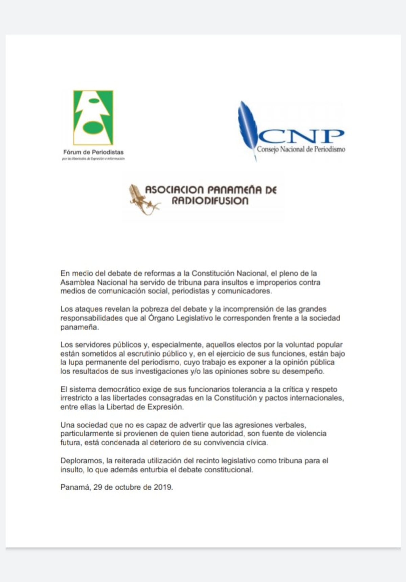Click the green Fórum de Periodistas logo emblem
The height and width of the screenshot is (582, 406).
coord(93,117)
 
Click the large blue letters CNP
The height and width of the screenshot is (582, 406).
coord(301,136)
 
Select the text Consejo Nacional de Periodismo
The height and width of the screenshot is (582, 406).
coord(301,149)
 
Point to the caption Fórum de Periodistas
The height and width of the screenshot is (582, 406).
coord(93,153)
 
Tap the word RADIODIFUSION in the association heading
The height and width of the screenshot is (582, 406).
coord(210,201)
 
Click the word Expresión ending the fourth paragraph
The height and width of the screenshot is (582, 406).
coord(166,407)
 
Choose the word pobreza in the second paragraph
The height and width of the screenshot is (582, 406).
coord(155,309)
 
